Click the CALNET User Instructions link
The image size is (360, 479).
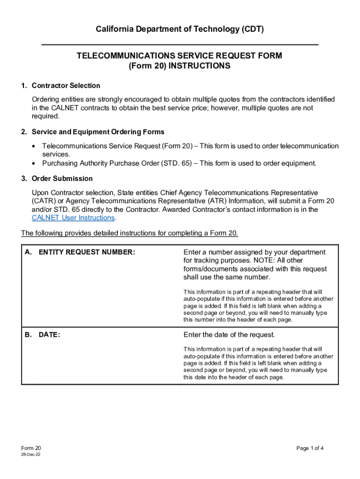pyautogui.click(x=73, y=218)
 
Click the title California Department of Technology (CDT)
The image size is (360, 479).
pyautogui.click(x=180, y=29)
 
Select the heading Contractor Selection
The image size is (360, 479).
pyautogui.click(x=65, y=86)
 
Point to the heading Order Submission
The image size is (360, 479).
pyautogui.click(x=62, y=179)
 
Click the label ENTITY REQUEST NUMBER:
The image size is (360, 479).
pyautogui.click(x=86, y=253)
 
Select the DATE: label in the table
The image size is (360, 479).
pyautogui.click(x=49, y=335)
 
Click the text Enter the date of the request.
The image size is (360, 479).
pyautogui.click(x=229, y=335)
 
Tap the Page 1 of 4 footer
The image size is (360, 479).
pyautogui.click(x=310, y=449)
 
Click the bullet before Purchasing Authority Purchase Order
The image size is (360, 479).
pyautogui.click(x=34, y=164)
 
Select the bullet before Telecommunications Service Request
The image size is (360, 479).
pyautogui.click(x=34, y=146)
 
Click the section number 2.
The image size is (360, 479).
pyautogui.click(x=23, y=132)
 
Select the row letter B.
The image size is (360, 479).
pyautogui.click(x=28, y=335)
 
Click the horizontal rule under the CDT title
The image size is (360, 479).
pyautogui.click(x=180, y=44)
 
